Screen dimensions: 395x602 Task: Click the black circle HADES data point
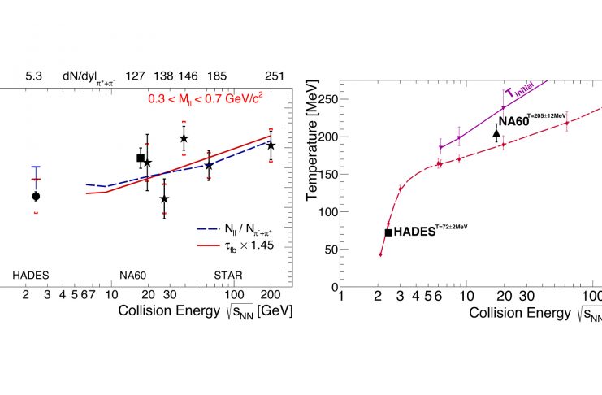(36, 196)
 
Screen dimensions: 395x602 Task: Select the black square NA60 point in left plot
(141, 158)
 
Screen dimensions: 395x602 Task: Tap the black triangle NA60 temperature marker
(496, 134)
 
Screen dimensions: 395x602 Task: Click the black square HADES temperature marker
(388, 232)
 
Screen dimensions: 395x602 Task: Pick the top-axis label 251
(274, 76)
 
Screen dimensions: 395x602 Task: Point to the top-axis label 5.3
(33, 76)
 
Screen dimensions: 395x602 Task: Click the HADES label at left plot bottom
(31, 276)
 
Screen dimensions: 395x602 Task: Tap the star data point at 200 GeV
(271, 145)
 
